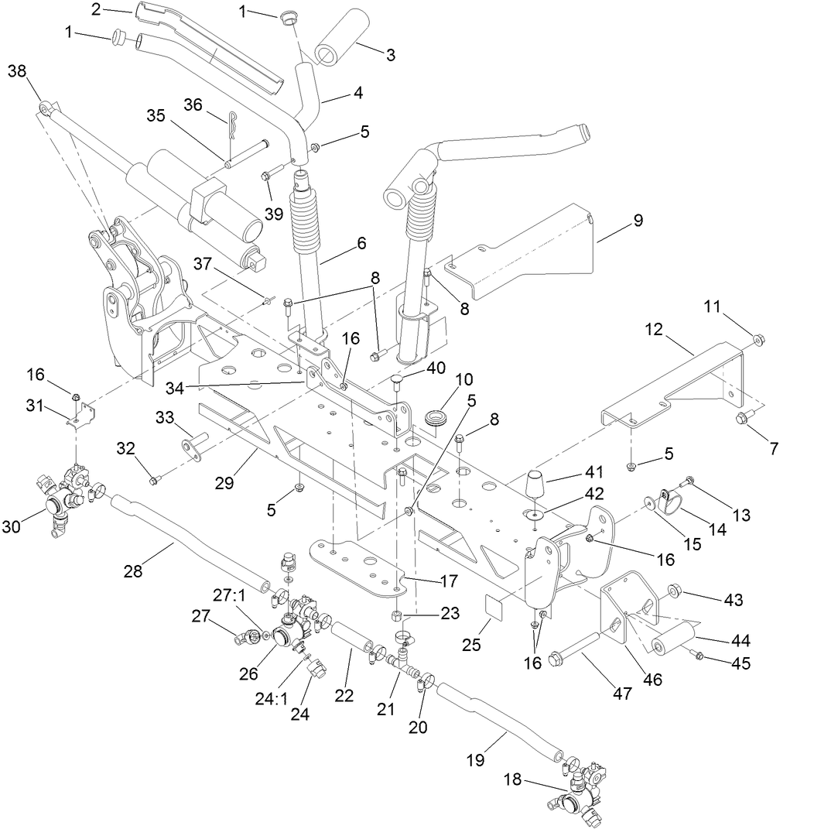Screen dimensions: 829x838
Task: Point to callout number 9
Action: [638, 221]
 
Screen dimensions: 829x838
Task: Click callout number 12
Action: [654, 330]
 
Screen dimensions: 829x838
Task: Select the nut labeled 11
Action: [759, 337]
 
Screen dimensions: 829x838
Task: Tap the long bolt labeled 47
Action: [576, 649]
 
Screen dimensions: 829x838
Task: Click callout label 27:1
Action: [228, 594]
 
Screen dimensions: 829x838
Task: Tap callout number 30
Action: [12, 526]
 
